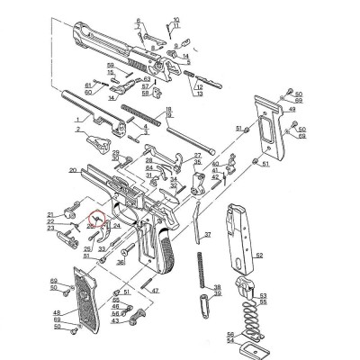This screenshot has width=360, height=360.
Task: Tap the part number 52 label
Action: coord(260,256)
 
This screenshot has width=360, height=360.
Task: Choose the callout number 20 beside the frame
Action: coord(71,169)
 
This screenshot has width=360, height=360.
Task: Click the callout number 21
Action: coord(52,214)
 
